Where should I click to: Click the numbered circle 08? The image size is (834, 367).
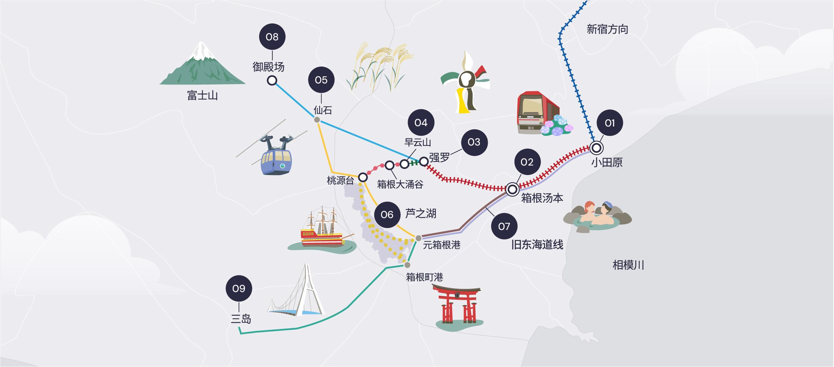click(x=272, y=37)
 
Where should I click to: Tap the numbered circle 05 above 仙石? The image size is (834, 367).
click(x=321, y=80)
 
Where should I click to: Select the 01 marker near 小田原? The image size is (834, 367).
click(x=609, y=123)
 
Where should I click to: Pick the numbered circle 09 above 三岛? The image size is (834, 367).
click(x=239, y=288)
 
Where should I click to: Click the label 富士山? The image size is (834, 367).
click(x=202, y=96)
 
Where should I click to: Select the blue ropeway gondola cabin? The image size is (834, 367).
click(x=276, y=159)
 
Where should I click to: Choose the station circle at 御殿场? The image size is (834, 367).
click(x=272, y=80)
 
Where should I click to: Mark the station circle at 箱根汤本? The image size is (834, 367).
click(x=512, y=189)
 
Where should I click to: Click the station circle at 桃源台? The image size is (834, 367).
click(x=363, y=177)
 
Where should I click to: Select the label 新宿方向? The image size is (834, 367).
click(x=607, y=30)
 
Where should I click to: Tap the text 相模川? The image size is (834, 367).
click(x=628, y=265)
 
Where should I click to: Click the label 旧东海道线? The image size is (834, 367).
click(x=537, y=245)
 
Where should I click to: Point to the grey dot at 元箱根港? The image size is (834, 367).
click(x=419, y=238)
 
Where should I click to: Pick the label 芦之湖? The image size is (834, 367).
click(x=421, y=214)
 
